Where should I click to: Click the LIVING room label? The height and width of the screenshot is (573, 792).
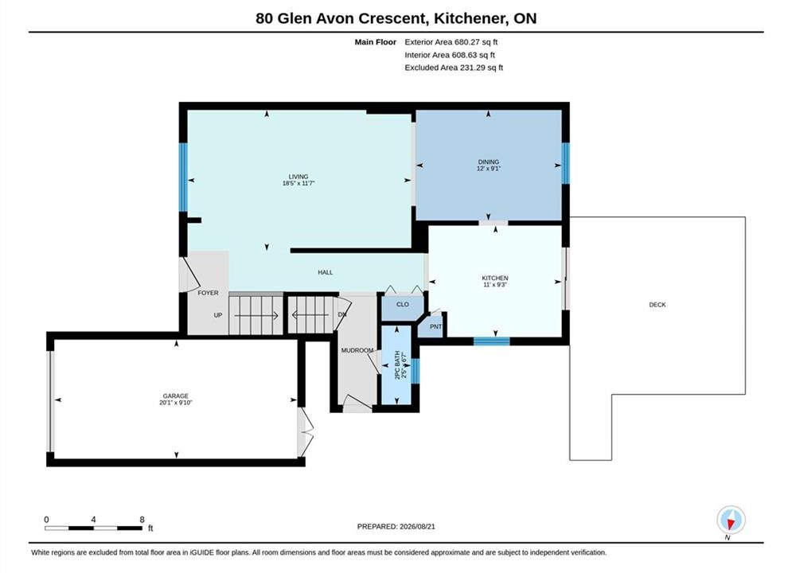[298, 177]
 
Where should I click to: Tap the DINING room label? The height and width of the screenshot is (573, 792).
[489, 162]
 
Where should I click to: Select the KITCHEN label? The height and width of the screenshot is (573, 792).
[495, 279]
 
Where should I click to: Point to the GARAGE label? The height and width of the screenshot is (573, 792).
[175, 396]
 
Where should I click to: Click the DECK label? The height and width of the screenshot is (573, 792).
[657, 305]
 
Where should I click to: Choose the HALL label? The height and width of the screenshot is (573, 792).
[326, 273]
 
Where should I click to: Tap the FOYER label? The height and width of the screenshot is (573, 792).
[208, 293]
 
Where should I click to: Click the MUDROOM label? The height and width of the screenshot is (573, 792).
[357, 350]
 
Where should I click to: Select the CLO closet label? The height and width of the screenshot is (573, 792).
[403, 305]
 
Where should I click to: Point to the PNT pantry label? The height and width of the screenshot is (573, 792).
[436, 326]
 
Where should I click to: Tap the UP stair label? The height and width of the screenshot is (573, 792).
[217, 315]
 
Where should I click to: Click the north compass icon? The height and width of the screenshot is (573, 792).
[731, 520]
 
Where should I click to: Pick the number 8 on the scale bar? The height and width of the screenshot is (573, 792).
[142, 520]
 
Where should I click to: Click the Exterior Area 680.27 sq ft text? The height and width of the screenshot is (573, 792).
[451, 42]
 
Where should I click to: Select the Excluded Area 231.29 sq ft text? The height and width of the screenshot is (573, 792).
[454, 68]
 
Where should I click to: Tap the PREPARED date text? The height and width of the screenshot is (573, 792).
[396, 527]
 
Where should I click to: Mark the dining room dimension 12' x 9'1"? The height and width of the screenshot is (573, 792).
[489, 169]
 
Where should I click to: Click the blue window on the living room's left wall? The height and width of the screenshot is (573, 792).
[183, 177]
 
